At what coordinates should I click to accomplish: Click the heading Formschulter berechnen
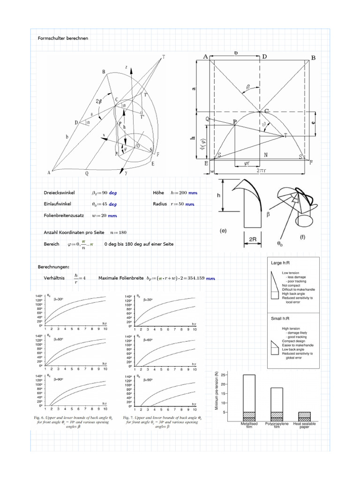[x=62, y=37]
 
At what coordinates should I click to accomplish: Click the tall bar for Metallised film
[x=249, y=396]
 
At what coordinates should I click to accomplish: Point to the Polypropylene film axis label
[x=277, y=425]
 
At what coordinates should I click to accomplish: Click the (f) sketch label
[x=303, y=237]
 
